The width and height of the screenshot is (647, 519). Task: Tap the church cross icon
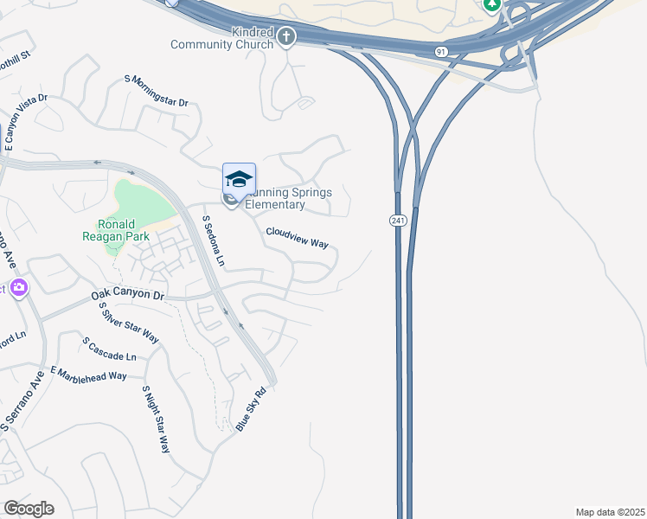pos(286,37)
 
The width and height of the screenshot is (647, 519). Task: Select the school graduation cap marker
pos(239,180)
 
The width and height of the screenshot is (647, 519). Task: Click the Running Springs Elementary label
pos(276,199)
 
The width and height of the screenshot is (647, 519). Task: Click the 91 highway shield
pos(441,52)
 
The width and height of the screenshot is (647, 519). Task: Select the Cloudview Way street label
pos(297,238)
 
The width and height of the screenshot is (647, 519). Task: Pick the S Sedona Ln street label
pos(213,240)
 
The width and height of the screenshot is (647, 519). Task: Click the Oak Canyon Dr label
pos(127,296)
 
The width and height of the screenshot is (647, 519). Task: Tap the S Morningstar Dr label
pos(157,91)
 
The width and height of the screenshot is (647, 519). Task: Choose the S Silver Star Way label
pos(128,322)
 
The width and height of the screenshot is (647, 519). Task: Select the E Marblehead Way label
pos(88,373)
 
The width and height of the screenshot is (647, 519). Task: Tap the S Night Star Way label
pos(157,420)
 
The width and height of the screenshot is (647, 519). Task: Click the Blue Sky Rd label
pos(249,409)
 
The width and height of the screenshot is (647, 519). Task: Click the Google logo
pos(29,509)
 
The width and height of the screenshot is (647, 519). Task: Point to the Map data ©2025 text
pos(610,512)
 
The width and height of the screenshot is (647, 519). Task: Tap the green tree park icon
pos(492,5)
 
